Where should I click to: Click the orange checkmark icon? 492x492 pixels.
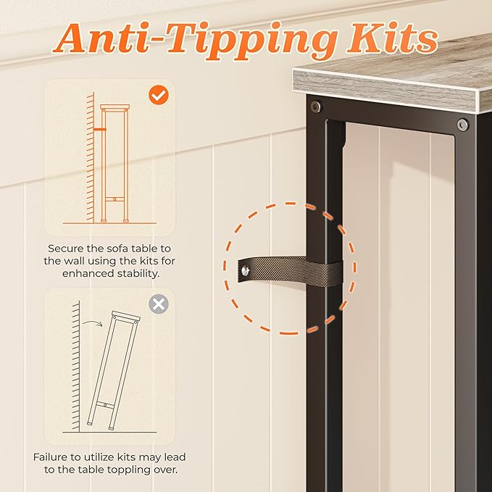coord(159,95)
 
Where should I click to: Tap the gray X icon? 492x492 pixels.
coord(159,304)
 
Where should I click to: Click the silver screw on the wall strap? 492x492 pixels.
coord(245,270)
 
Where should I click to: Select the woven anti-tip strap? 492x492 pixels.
coord(290,270)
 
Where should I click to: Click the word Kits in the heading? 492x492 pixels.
coord(392,38)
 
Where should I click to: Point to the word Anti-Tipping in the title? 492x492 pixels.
coord(194,41)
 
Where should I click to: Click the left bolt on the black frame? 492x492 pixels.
coord(316,107)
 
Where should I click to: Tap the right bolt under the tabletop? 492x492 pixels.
coord(462,125)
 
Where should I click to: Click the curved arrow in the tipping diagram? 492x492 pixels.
coord(93,323)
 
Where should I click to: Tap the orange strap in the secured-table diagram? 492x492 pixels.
coord(99,129)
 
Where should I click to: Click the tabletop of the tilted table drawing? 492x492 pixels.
coord(126,316)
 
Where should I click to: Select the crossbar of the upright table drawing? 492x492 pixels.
coord(114,199)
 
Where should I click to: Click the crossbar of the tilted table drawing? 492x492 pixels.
coord(105,405)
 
